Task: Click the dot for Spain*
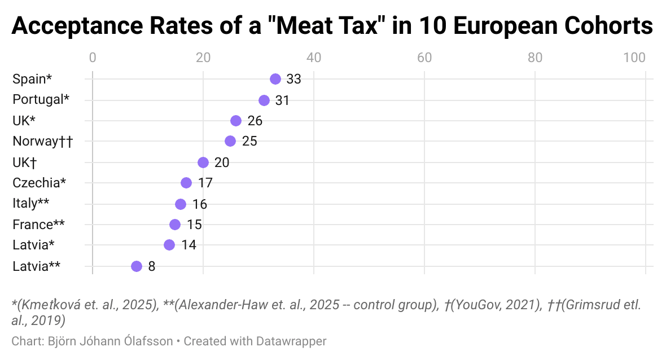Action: (275, 79)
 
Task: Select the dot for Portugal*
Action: (264, 100)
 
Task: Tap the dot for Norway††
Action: (230, 141)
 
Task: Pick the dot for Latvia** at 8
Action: (137, 266)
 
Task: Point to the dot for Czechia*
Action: (186, 183)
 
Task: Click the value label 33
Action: (293, 79)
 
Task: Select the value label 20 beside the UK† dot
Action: (222, 163)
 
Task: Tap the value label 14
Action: (189, 245)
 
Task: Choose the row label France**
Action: (38, 225)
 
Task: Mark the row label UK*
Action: (24, 120)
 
